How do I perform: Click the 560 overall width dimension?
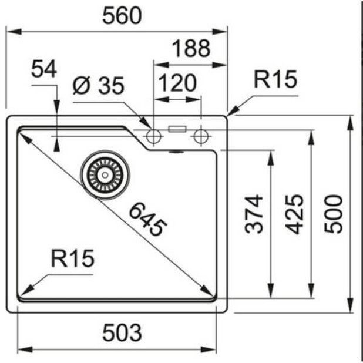tap(122, 16)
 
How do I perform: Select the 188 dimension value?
tap(190, 48)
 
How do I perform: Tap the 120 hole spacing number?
tap(177, 83)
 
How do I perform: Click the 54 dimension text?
tap(44, 69)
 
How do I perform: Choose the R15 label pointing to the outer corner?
tap(275, 79)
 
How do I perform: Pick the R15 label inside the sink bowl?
tap(72, 258)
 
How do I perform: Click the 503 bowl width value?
tap(122, 332)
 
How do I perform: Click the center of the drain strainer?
tap(105, 174)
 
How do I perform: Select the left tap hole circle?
tap(154, 137)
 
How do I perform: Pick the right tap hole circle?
tap(201, 137)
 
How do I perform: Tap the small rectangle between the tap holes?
tap(177, 128)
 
